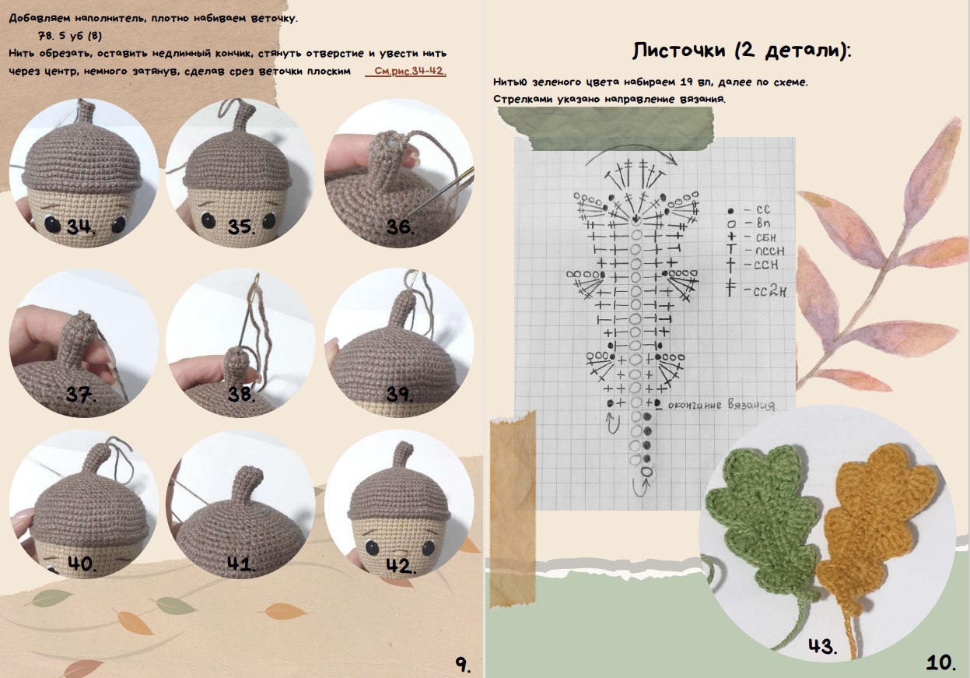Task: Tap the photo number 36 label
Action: (x=400, y=227)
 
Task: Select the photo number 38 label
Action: (x=241, y=394)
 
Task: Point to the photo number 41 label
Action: (x=241, y=564)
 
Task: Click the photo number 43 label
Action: (x=823, y=646)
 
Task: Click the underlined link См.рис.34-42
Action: (x=410, y=71)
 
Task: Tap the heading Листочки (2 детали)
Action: (x=741, y=51)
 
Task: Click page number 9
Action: (x=463, y=664)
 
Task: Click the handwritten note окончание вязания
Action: (x=721, y=405)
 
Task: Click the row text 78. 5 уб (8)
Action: (x=70, y=36)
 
